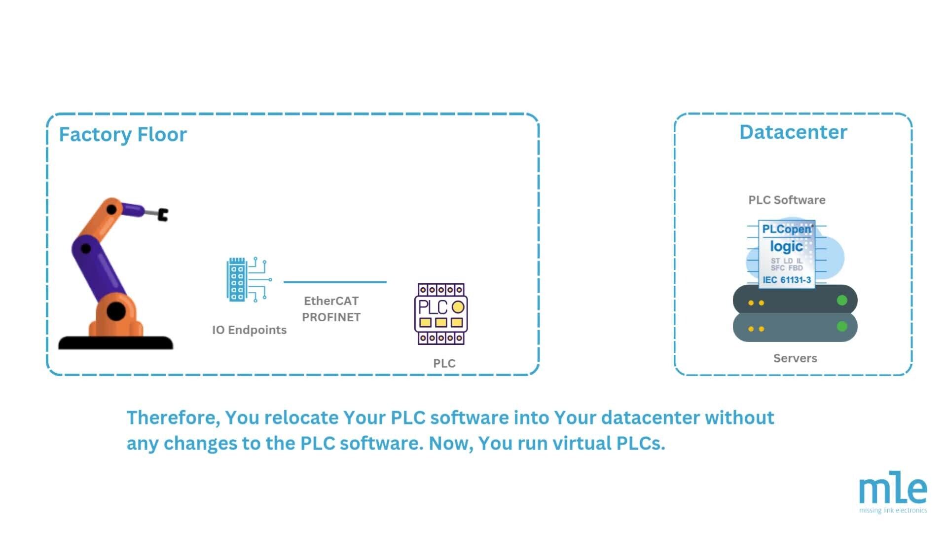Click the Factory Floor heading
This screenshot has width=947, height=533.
pos(123,134)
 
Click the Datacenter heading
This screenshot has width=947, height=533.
pos(793,132)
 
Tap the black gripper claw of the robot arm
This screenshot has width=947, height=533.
pos(163,215)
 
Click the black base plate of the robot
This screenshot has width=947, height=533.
pos(116,343)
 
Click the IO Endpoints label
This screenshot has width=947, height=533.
pos(249,330)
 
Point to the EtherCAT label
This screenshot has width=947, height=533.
pos(331,301)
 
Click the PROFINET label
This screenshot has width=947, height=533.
pos(331,317)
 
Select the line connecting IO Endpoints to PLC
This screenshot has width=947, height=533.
pos(335,282)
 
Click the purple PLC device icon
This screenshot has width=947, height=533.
pos(441,314)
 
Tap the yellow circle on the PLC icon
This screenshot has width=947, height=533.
pos(458,307)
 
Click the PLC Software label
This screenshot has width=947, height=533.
pos(787,200)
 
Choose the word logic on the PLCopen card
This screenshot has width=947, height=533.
pos(786,246)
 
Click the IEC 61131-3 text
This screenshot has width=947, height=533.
pos(787,280)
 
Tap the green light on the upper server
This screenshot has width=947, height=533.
pos(842,300)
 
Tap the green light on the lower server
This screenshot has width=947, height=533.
pos(842,326)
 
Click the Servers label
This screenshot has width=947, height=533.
pos(795,358)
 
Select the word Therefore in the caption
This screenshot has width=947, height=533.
pos(173,418)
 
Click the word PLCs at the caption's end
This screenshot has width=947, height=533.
pos(641,443)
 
